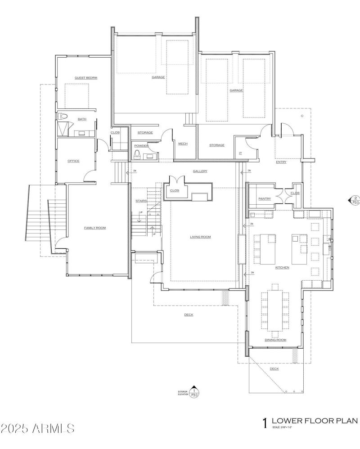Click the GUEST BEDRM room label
[86, 78]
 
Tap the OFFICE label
[73, 161]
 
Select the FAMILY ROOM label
[95, 228]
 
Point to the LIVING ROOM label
[200, 237]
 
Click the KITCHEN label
[282, 268]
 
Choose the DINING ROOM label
[275, 340]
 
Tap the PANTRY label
[264, 198]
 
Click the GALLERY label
[200, 171]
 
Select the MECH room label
[183, 144]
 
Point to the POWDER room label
[141, 146]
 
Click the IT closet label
[240, 153]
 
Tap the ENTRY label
[281, 162]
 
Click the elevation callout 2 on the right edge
[355, 200]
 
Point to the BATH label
[82, 119]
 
